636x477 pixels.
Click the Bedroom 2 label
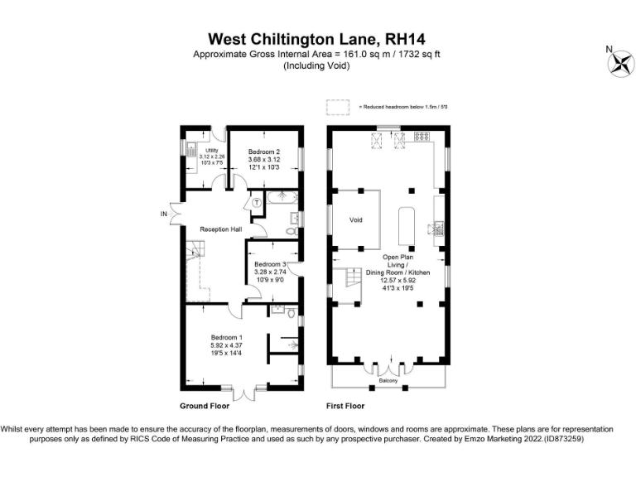[x=259, y=152]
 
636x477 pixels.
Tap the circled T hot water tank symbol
[x=257, y=201]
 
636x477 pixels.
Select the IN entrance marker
[x=163, y=214]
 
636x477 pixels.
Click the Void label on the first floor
[x=356, y=220]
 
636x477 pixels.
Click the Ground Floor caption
[x=204, y=407]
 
